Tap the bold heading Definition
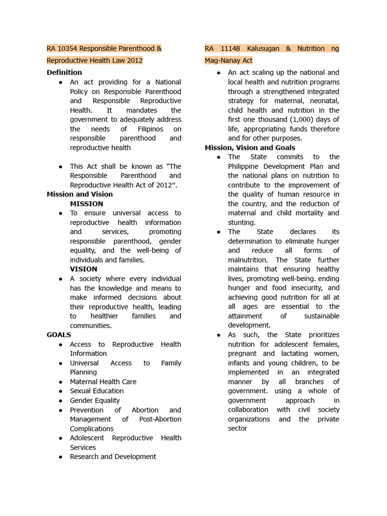pos(64,72)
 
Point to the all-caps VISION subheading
pos(83,269)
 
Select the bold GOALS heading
pos(58,335)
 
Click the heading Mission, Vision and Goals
pos(250,148)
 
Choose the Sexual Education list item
pos(96,391)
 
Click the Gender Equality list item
pos(95,401)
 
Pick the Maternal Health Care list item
pos(103,382)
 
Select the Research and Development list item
pos(113,457)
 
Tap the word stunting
pos(241,222)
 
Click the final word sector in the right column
pos(237,428)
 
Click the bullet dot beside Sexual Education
pos(60,392)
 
